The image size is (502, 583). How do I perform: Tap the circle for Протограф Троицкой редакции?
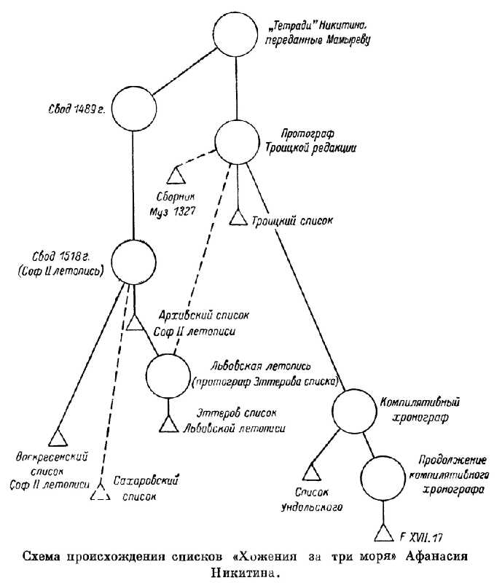(x=238, y=142)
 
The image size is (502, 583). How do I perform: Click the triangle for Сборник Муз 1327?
(x=176, y=176)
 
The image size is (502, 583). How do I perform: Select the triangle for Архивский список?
(x=136, y=322)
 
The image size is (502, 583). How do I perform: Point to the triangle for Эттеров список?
(x=168, y=423)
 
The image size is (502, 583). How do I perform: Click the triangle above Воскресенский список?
(x=58, y=437)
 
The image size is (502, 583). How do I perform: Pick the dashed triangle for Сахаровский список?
(x=100, y=493)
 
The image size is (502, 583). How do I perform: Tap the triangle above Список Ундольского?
(x=312, y=473)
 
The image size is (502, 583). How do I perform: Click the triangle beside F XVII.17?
(x=383, y=536)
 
